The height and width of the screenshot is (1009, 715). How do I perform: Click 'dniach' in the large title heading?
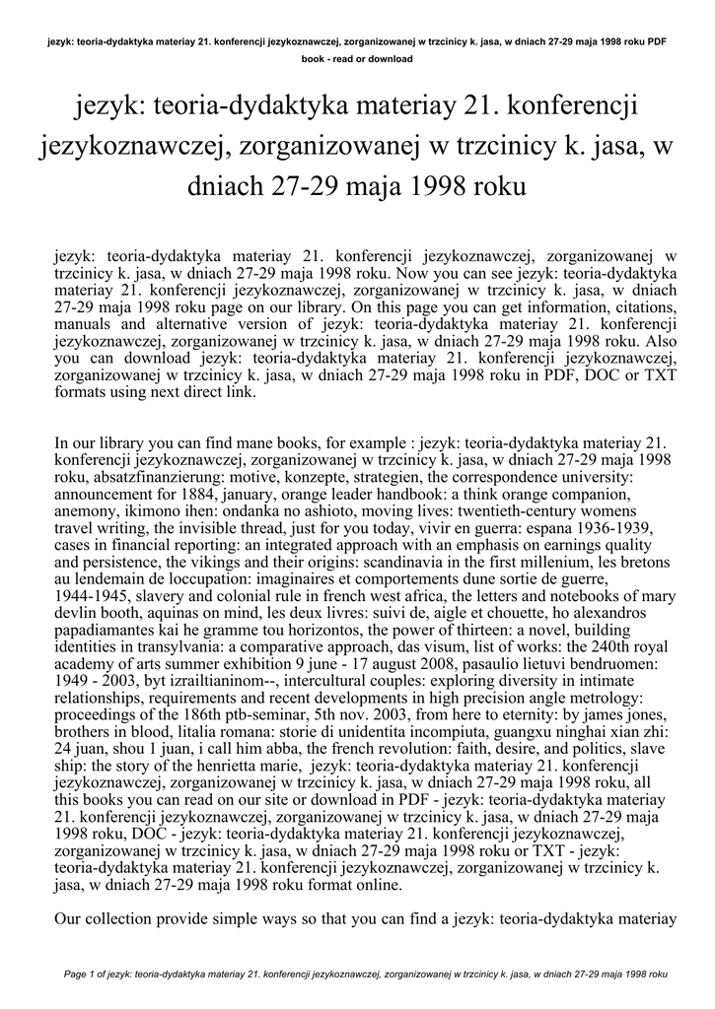coord(234,185)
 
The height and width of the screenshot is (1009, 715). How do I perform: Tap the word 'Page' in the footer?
coord(77,975)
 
